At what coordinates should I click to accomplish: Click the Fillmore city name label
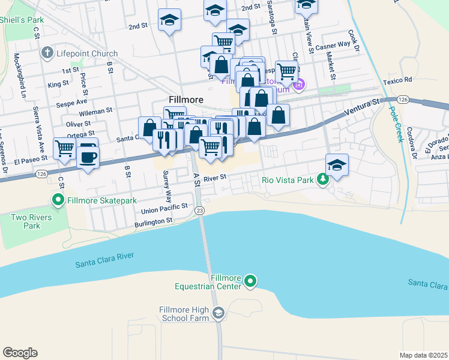click(x=185, y=99)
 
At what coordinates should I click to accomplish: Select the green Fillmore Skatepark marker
click(x=59, y=200)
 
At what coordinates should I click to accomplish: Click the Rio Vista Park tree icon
click(x=323, y=179)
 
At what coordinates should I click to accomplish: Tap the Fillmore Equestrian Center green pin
click(x=251, y=280)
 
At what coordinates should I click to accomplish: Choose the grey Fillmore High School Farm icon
click(x=218, y=312)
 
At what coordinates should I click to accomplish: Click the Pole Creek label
click(x=396, y=124)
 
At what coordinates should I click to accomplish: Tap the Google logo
click(x=20, y=353)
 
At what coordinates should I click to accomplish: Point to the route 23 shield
click(x=199, y=210)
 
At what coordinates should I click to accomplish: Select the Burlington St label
click(x=154, y=221)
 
